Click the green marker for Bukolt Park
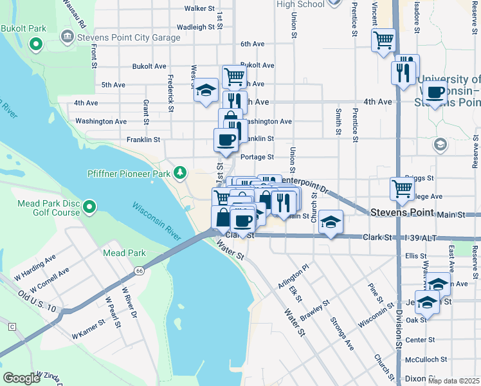coord(36,45)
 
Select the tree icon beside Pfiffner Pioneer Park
coord(181,172)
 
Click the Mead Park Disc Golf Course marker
coord(89,207)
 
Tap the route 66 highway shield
coord(140,271)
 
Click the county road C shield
coord(12,327)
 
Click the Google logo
coord(22,378)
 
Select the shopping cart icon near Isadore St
coord(383,40)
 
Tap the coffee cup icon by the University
coord(435,93)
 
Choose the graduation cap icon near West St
coord(206,91)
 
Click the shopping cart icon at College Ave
coord(402,188)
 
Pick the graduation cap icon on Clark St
coord(331,222)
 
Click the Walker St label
coord(199,8)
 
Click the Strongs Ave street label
coord(341,333)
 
